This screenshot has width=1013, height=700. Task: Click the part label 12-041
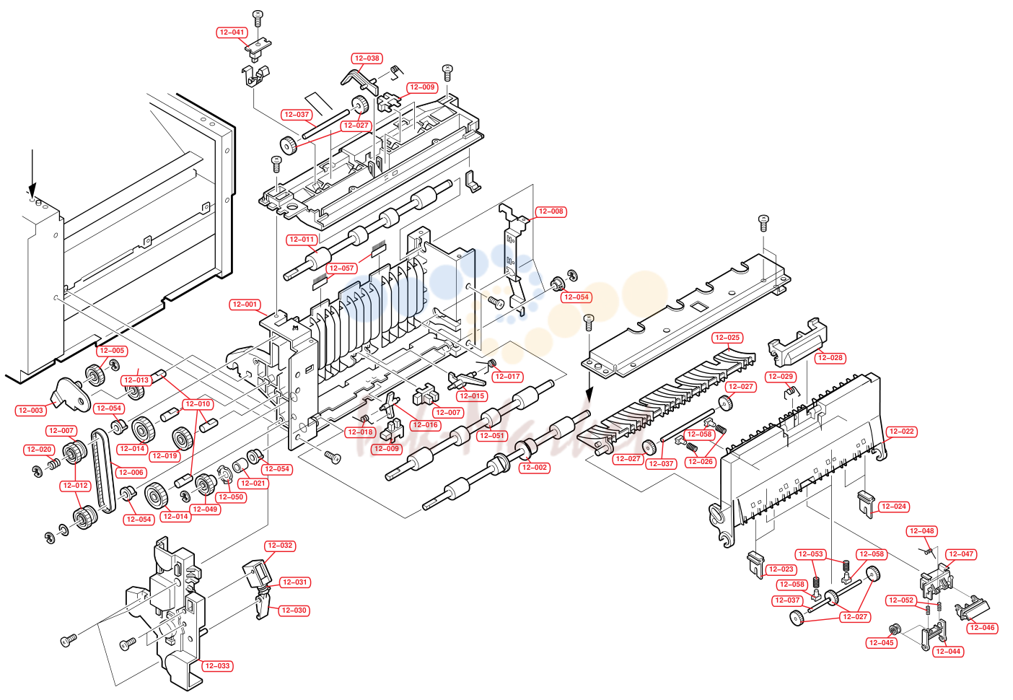[232, 32]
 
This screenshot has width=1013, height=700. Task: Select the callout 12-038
[367, 58]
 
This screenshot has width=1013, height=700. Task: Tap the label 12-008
[551, 211]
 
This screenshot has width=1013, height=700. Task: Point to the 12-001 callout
[245, 305]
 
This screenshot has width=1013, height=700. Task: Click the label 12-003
[30, 411]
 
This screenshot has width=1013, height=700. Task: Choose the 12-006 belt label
[131, 473]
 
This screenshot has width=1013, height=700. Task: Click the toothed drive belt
[102, 471]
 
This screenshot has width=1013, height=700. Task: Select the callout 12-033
[217, 665]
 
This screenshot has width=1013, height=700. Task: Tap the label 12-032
[280, 546]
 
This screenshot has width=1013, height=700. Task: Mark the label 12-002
[535, 468]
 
